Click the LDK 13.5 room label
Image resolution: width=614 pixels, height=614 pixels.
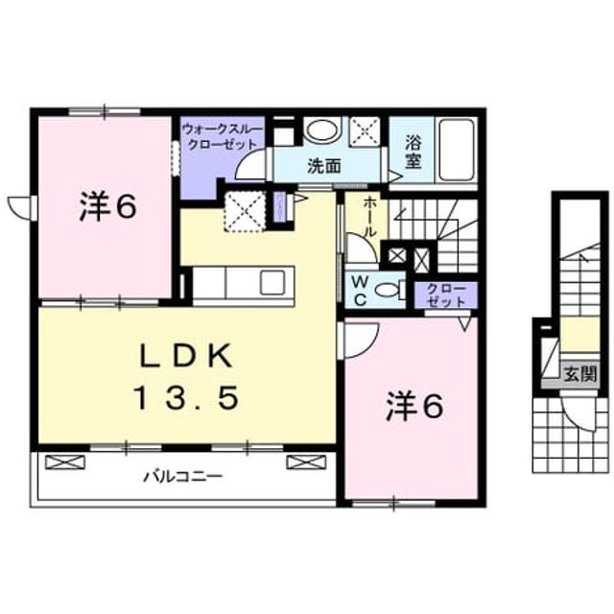pos(186,376)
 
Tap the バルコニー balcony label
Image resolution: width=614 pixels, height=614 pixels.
pos(183,477)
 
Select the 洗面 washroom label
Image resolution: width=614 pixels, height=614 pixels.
pos(324,166)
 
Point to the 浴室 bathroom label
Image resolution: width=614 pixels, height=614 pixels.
pos(413,152)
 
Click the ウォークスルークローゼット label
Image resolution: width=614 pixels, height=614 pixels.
pos(222,136)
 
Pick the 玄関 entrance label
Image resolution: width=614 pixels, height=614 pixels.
pos(579,374)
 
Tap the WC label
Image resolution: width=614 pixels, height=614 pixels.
pos(360,290)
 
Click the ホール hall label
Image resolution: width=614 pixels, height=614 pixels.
pos(369,217)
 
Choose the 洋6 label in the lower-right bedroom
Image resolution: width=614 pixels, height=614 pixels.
pos(414,406)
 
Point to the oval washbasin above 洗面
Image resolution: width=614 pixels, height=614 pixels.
pos(320,130)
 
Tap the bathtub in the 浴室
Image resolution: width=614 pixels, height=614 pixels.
pos(457,150)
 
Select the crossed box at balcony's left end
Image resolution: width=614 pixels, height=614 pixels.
pos(65,461)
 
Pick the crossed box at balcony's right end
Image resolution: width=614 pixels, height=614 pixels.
pos(306,461)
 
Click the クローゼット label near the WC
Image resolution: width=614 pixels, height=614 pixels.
pos(446,295)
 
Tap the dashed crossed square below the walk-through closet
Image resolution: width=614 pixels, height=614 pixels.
pos(245,211)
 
